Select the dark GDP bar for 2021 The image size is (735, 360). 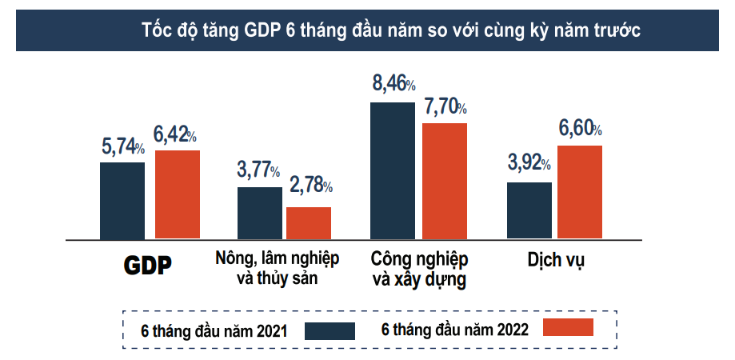click(122, 200)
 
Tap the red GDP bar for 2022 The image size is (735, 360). click(178, 194)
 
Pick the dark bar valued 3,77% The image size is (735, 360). click(260, 213)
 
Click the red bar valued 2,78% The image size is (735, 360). click(309, 222)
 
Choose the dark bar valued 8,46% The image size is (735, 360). click(393, 170)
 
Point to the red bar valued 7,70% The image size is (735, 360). click(445, 181)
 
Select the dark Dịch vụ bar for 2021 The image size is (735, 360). click(529, 210)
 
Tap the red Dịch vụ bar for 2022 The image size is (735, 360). click(580, 192)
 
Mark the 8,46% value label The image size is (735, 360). click(393, 83)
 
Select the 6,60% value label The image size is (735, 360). click(580, 128)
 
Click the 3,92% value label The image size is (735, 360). click(529, 163)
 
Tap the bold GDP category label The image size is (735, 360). click(148, 266)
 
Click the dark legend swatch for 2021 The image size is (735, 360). click(330, 330)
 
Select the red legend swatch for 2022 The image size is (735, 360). click(568, 326)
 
